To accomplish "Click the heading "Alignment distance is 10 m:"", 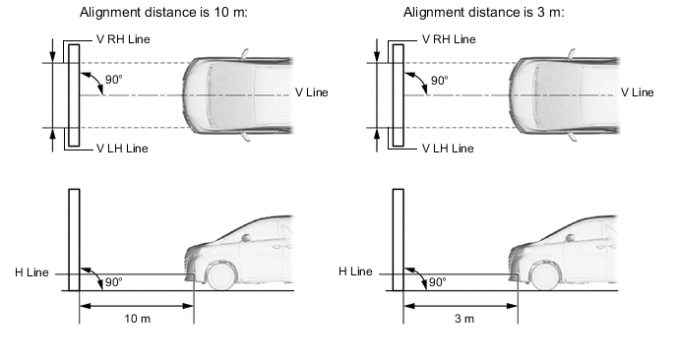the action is point(163,12).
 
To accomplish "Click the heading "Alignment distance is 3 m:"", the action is point(483,12).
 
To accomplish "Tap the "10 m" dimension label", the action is point(138,319).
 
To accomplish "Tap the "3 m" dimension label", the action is point(464,319).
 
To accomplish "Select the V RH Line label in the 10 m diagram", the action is point(123,39).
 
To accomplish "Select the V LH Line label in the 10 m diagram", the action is point(122,149).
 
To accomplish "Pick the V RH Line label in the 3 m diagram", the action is point(449,39).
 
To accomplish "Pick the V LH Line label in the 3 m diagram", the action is point(448,149).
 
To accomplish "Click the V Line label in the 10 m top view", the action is point(311,92).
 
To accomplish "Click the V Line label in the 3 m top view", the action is point(637,92).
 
